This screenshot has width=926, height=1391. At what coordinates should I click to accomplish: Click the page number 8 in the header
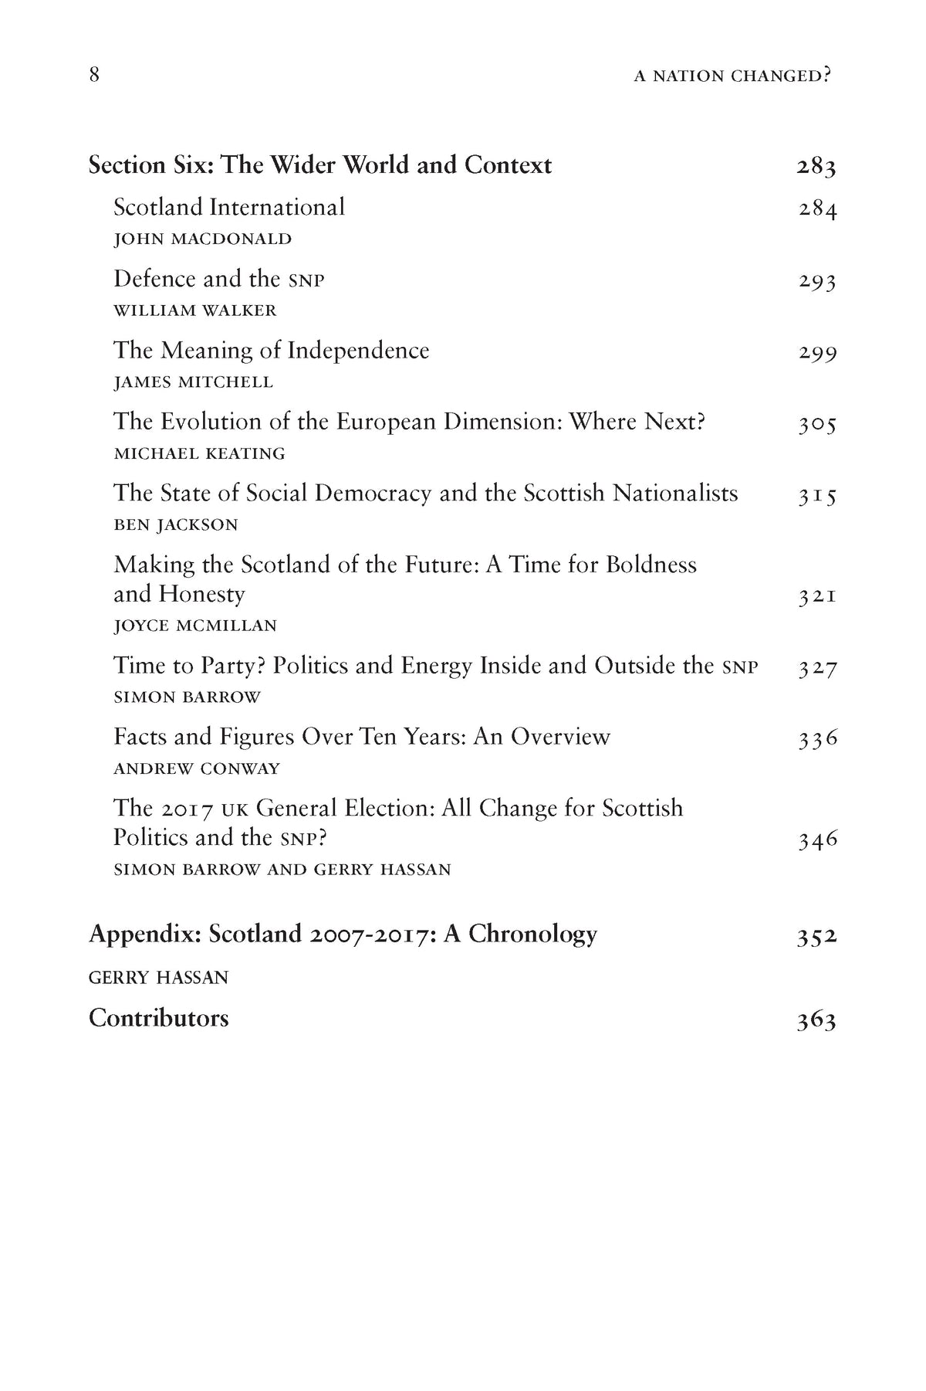[94, 76]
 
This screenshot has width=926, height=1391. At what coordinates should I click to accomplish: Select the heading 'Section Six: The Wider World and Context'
[320, 165]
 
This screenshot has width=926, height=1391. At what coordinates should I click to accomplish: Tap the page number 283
[816, 167]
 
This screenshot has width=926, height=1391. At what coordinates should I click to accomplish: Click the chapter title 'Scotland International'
[229, 207]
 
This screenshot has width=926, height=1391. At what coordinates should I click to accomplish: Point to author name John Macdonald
[202, 239]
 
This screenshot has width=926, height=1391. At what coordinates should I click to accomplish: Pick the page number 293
[817, 280]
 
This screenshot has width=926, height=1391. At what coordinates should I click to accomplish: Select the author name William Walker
[194, 310]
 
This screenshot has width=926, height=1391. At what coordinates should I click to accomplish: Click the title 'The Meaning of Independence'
[271, 351]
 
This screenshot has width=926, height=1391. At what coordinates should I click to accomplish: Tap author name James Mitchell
[193, 382]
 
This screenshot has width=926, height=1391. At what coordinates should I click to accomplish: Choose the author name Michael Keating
[199, 453]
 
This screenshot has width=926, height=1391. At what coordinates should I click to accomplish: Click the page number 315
[817, 495]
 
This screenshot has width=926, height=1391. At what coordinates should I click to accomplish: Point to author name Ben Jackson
[176, 525]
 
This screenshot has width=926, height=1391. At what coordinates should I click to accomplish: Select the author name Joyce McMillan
[194, 626]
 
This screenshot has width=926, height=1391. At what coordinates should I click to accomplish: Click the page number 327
[817, 668]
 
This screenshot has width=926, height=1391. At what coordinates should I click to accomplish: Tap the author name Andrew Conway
[197, 768]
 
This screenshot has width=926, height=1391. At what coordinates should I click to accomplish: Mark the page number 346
[817, 840]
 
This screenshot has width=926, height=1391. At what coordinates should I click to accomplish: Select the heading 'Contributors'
[159, 1018]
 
